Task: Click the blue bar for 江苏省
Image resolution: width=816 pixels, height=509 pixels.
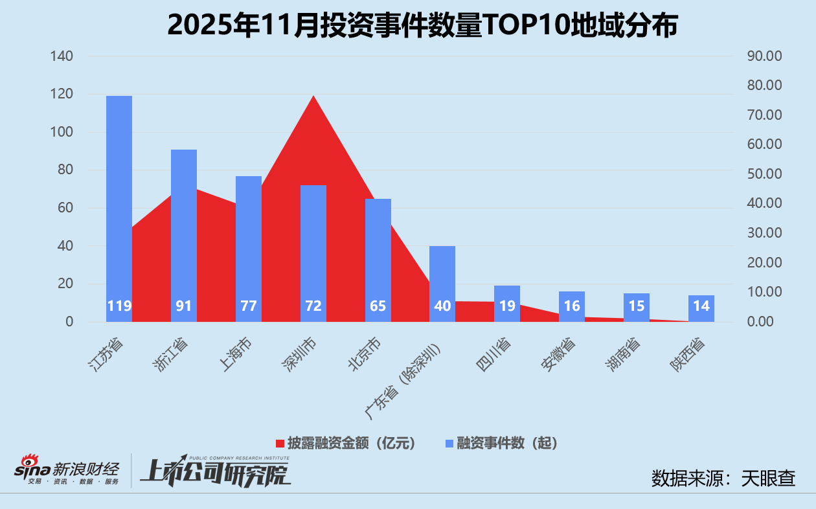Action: click(119, 207)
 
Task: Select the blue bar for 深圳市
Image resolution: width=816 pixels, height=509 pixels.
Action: click(313, 253)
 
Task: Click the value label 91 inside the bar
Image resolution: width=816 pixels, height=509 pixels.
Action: click(184, 306)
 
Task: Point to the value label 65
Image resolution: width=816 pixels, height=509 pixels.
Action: click(378, 306)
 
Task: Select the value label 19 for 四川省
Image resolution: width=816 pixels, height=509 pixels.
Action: click(507, 306)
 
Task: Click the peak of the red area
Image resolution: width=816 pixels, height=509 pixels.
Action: click(313, 96)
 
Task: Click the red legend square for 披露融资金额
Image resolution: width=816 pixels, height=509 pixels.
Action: click(280, 444)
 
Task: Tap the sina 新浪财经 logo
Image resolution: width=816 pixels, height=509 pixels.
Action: click(67, 470)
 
